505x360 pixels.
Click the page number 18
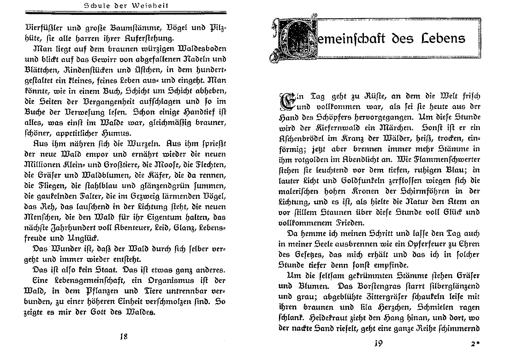[123, 336]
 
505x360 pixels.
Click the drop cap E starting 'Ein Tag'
[286, 101]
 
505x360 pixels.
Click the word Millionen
[44, 165]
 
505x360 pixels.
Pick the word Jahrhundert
[76, 228]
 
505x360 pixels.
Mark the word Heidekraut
[333, 318]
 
